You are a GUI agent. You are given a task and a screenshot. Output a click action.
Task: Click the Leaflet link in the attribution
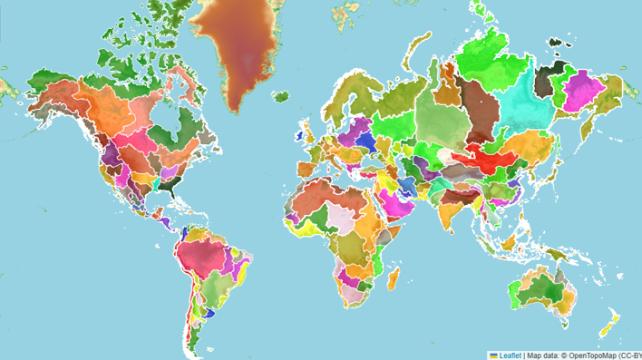click(x=509, y=355)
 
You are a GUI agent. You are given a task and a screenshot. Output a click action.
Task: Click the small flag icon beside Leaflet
click(x=493, y=355)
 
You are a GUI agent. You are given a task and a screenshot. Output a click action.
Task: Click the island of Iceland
click(x=280, y=95)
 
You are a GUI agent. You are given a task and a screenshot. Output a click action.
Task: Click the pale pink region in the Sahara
click(x=340, y=215)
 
